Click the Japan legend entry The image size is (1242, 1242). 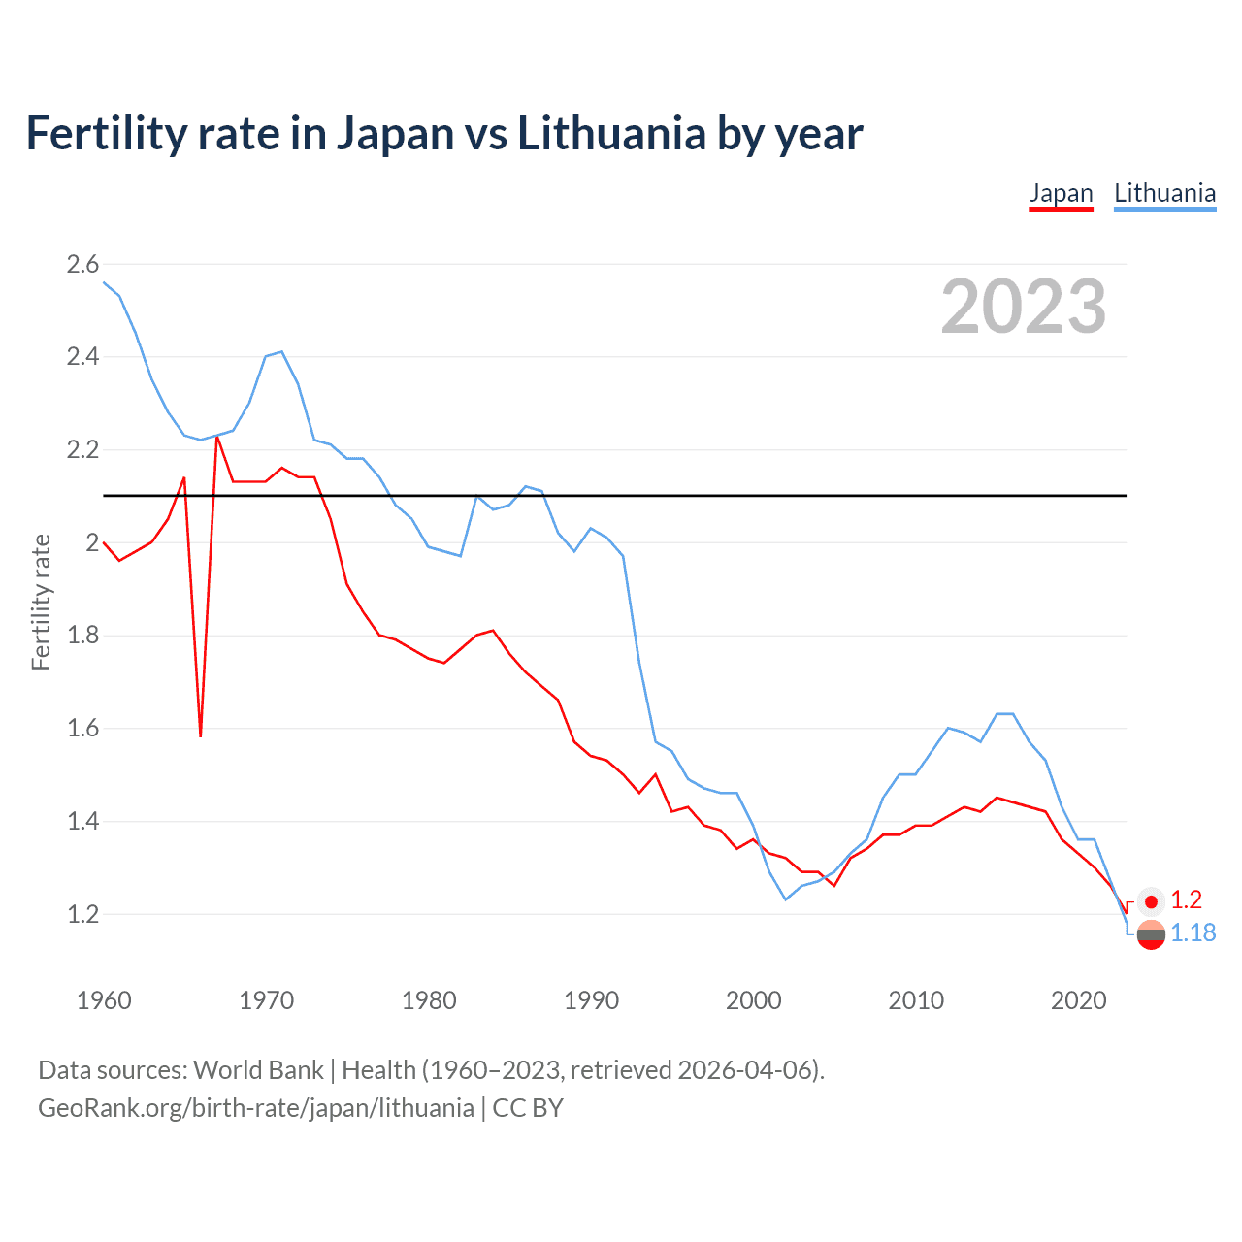pyautogui.click(x=1061, y=193)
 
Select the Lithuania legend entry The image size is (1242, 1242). pyautogui.click(x=1164, y=193)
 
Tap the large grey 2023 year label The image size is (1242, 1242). pyautogui.click(x=1023, y=307)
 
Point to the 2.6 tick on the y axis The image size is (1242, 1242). pyautogui.click(x=82, y=264)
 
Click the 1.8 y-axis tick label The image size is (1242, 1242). pyautogui.click(x=82, y=636)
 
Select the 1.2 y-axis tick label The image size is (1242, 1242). pyautogui.click(x=82, y=914)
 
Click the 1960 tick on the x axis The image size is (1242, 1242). pyautogui.click(x=104, y=1000)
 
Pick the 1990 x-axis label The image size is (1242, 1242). pyautogui.click(x=591, y=1000)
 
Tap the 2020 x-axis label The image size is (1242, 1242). pyautogui.click(x=1078, y=1000)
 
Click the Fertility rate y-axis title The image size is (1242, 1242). pyautogui.click(x=41, y=602)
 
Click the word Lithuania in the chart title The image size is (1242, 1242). pyautogui.click(x=611, y=133)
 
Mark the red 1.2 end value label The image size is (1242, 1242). pyautogui.click(x=1186, y=900)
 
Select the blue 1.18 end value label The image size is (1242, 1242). pyautogui.click(x=1193, y=932)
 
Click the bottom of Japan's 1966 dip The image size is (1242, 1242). pyautogui.click(x=201, y=735)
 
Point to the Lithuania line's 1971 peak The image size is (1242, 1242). pyautogui.click(x=281, y=352)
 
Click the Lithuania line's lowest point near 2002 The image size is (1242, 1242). pyautogui.click(x=786, y=899)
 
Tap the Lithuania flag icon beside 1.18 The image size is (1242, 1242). pyautogui.click(x=1151, y=935)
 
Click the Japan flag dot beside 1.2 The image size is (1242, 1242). pyautogui.click(x=1151, y=901)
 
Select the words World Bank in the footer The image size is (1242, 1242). pyautogui.click(x=258, y=1070)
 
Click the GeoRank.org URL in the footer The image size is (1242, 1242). pyautogui.click(x=256, y=1108)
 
